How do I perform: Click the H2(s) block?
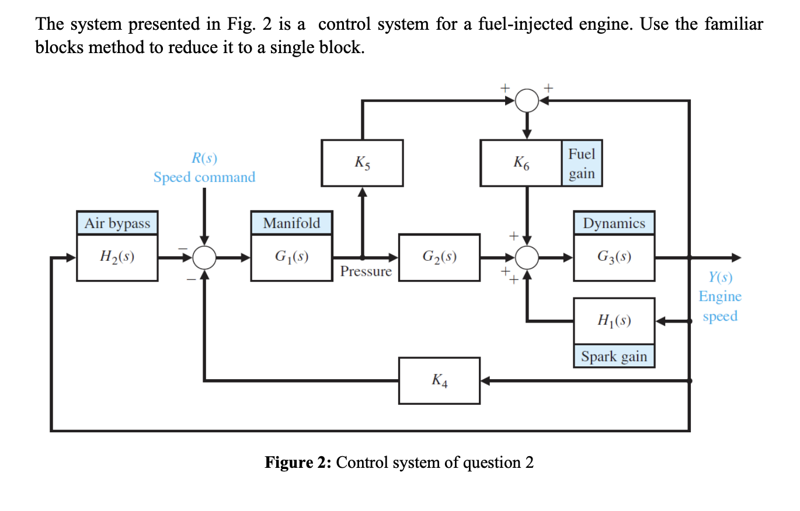click(x=117, y=257)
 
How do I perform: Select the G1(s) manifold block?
click(x=291, y=257)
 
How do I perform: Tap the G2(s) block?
click(x=439, y=257)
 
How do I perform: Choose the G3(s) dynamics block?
click(x=614, y=257)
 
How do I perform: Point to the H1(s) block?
click(x=614, y=321)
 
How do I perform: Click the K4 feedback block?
click(x=439, y=381)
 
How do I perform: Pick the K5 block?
click(x=362, y=163)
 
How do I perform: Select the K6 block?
click(x=521, y=163)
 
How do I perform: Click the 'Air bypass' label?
click(x=117, y=223)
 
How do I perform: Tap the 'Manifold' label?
click(x=291, y=223)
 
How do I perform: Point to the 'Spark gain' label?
click(x=614, y=356)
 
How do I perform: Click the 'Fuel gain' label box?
click(x=582, y=163)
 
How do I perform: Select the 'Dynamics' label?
click(x=614, y=223)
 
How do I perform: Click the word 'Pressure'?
click(x=366, y=272)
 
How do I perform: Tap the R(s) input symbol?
click(x=204, y=157)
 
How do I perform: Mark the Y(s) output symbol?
click(x=720, y=277)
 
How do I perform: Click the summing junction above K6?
click(x=527, y=101)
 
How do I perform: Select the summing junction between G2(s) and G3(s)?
click(x=527, y=257)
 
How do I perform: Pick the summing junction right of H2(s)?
click(x=204, y=257)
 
